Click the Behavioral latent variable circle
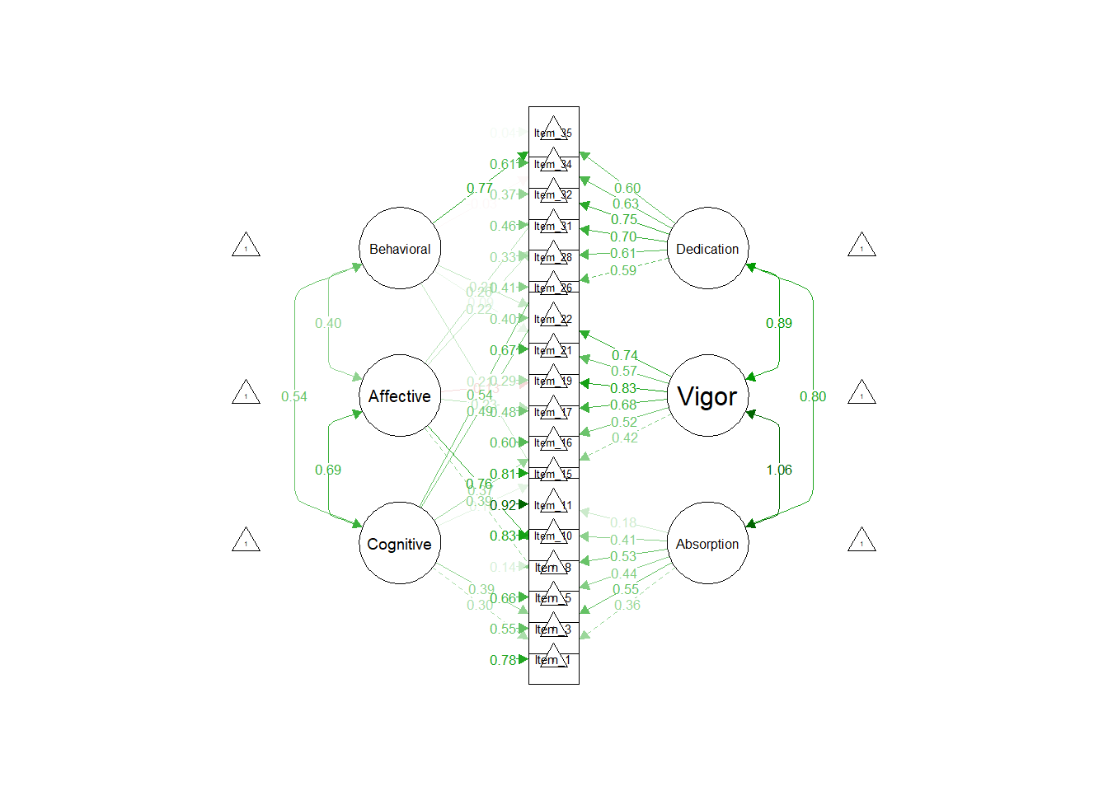400,248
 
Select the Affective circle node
400,395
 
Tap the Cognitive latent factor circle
400,543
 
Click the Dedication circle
707,248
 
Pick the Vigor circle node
707,395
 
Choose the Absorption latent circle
707,543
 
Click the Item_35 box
553,132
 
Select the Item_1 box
553,660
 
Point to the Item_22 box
553,318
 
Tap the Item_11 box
553,504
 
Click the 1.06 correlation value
779,470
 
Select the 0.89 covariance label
779,323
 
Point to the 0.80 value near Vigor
813,396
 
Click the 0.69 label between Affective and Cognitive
328,470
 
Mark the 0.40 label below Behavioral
328,323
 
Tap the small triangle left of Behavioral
246,246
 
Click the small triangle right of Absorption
862,541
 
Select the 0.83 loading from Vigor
623,388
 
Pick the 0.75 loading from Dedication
624,219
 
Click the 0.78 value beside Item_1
503,660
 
